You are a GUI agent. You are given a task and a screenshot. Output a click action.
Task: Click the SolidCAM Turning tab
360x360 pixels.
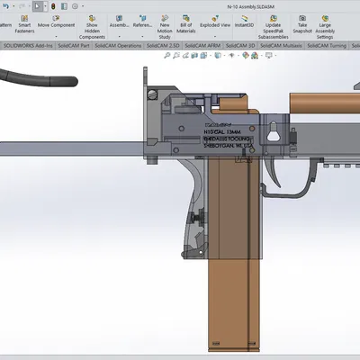tap(338, 44)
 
